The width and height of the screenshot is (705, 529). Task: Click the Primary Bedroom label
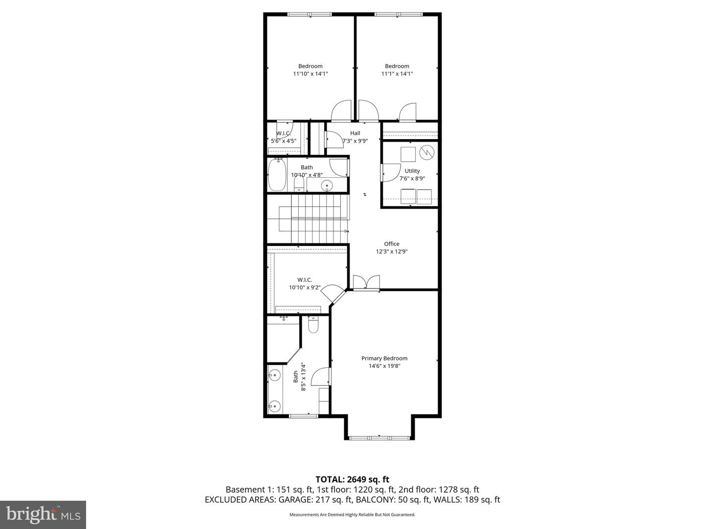coord(384,358)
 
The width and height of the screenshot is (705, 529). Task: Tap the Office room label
coord(391,244)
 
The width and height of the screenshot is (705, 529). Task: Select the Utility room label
coord(412,171)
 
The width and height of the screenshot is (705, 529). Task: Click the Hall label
coord(355,133)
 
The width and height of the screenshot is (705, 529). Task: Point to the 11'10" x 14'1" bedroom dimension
coord(310,74)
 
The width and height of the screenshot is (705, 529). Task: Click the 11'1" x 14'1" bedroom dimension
coord(397,74)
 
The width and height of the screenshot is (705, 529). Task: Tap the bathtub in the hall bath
coord(277,175)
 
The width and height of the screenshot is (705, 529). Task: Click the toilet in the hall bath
coord(299,185)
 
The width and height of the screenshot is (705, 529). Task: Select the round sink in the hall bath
coord(327,186)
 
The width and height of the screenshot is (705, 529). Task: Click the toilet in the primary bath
coord(313,325)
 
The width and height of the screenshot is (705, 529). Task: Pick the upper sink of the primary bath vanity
coord(275,376)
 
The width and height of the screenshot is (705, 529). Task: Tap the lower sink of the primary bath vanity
coord(275,406)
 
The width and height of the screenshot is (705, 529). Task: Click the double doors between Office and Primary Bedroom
coord(366,283)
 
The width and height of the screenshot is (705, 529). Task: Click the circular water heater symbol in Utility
coord(427,152)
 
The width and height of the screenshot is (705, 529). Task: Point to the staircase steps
coord(318,219)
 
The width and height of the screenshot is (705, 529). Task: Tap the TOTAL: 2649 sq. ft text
coord(352,479)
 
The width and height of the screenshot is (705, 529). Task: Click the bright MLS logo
coord(43,514)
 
